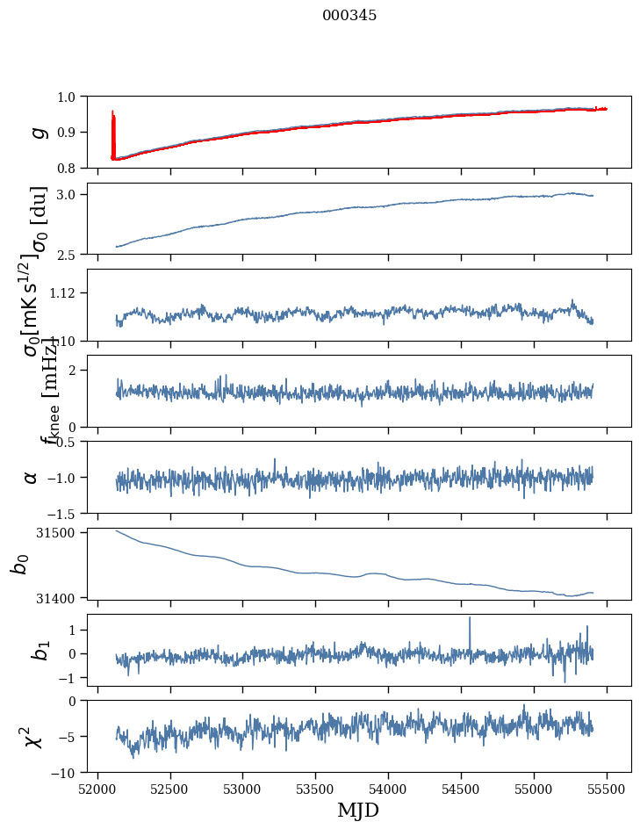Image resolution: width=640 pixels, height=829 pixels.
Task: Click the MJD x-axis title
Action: point(358,810)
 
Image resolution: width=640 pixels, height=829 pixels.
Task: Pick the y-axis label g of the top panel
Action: point(37,132)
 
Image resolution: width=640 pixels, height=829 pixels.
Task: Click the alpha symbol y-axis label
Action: point(32,476)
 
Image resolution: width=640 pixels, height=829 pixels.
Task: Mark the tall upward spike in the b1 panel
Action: point(470,619)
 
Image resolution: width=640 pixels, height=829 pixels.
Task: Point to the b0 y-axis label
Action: point(20,563)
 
